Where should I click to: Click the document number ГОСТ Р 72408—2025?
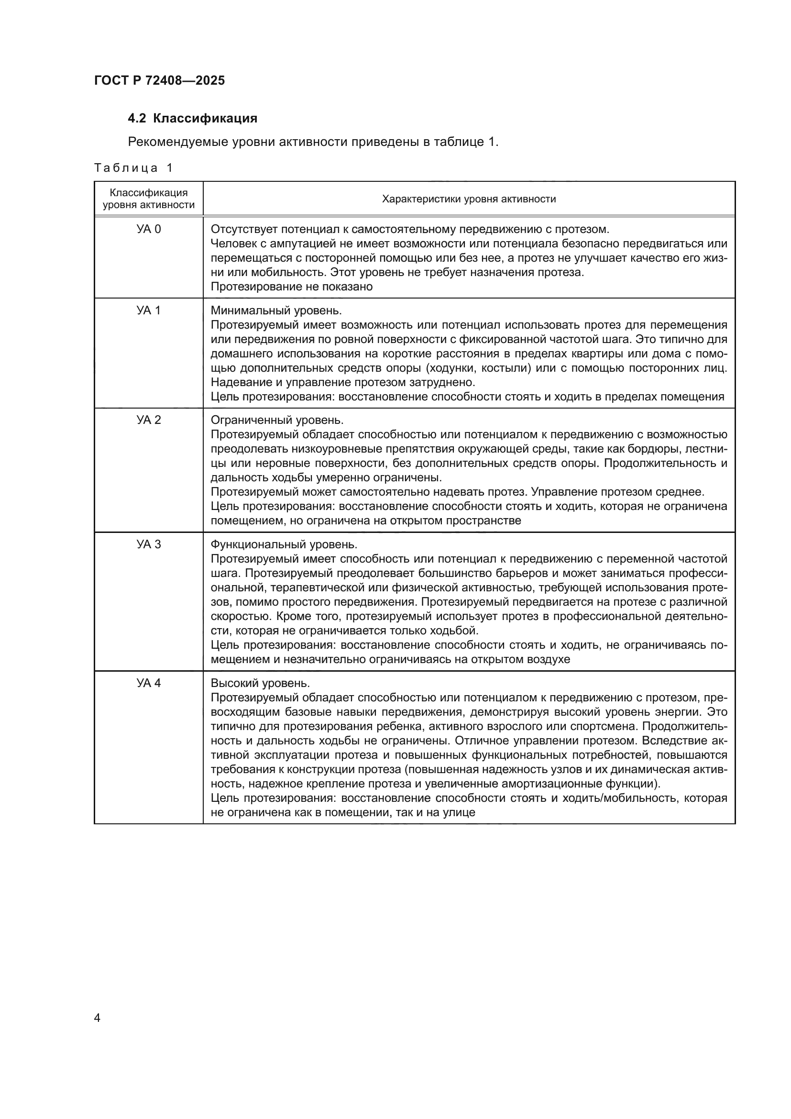pyautogui.click(x=159, y=81)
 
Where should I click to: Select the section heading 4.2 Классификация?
pyautogui.click(x=192, y=119)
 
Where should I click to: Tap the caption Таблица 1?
pyautogui.click(x=133, y=168)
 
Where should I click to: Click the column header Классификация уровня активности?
pyautogui.click(x=149, y=199)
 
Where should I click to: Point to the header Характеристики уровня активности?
pyautogui.click(x=469, y=199)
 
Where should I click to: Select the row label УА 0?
pyautogui.click(x=149, y=229)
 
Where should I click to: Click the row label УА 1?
pyautogui.click(x=149, y=310)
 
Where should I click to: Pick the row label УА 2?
pyautogui.click(x=149, y=420)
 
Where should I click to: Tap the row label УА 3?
pyautogui.click(x=149, y=544)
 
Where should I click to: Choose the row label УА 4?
pyautogui.click(x=149, y=683)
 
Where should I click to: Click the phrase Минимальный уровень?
pyautogui.click(x=276, y=310)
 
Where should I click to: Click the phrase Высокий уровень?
pyautogui.click(x=260, y=683)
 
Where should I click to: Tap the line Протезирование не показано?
pyautogui.click(x=291, y=287)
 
